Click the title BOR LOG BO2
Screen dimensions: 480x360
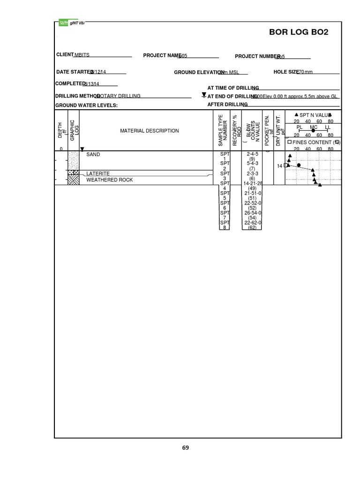(x=305, y=32)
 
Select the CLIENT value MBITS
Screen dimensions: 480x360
(x=82, y=55)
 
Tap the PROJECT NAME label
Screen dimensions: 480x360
(x=162, y=56)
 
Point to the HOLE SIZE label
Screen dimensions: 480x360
(x=286, y=72)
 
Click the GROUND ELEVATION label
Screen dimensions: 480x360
(x=199, y=72)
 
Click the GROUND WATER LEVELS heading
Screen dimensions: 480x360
(x=86, y=105)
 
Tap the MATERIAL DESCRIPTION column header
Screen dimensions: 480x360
(x=150, y=131)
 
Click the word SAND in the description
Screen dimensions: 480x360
(x=93, y=154)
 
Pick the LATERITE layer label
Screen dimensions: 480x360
(x=98, y=174)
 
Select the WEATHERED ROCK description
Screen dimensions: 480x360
(x=109, y=180)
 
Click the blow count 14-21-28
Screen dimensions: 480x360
(x=254, y=184)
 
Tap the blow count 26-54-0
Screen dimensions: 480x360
(x=253, y=213)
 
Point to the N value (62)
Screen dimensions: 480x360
(x=252, y=228)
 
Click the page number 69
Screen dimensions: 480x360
(x=186, y=448)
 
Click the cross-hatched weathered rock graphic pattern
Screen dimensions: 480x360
(x=73, y=180)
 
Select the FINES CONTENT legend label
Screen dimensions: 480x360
(x=313, y=142)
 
